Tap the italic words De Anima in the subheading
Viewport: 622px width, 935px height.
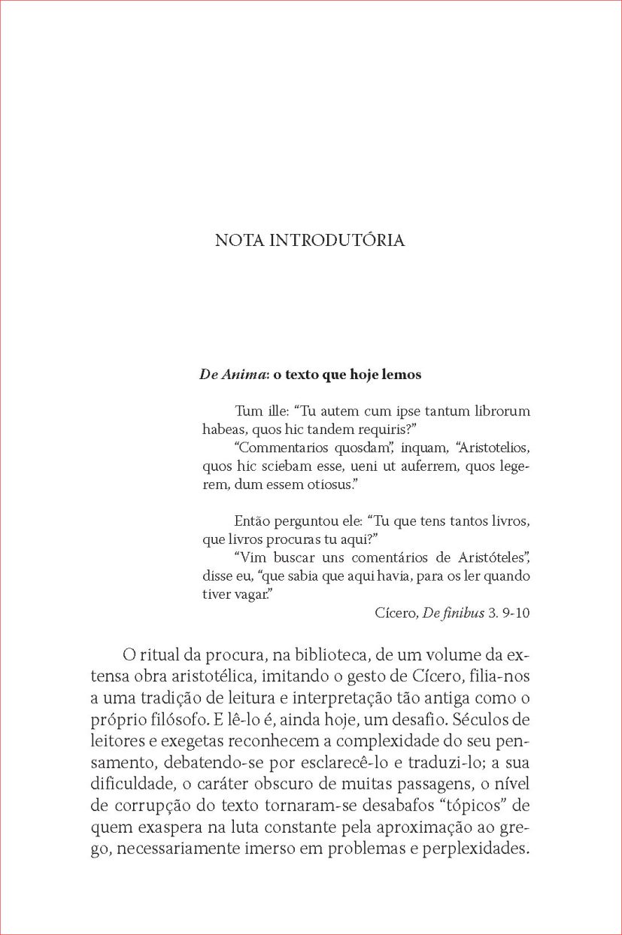click(226, 374)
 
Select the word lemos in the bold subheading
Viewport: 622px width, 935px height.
click(403, 374)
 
